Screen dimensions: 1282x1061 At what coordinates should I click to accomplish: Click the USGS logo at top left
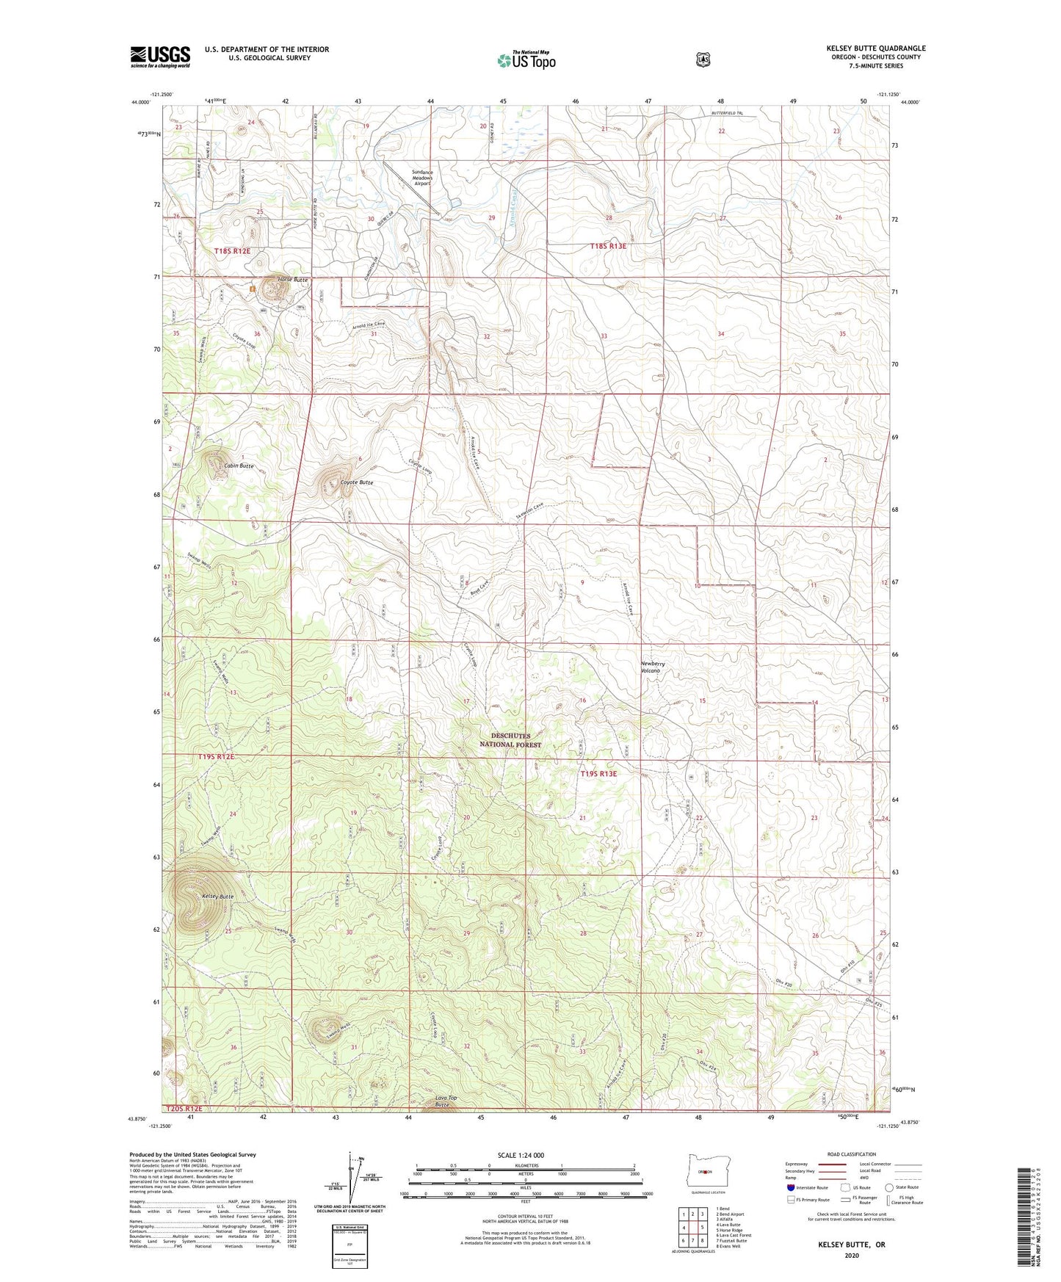pos(160,57)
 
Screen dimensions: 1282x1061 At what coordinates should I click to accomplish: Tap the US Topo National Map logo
pos(525,60)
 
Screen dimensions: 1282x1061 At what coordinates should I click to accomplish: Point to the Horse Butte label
pos(292,280)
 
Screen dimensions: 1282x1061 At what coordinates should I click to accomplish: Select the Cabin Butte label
pos(239,466)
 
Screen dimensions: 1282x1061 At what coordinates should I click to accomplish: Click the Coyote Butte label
pos(357,482)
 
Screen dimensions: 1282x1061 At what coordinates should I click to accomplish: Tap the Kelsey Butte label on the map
pos(217,897)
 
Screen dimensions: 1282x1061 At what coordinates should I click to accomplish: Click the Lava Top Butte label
pos(446,1101)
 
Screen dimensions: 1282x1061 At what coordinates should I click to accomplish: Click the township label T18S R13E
pos(609,247)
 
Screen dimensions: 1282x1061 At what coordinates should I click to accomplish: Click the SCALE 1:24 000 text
pos(521,1155)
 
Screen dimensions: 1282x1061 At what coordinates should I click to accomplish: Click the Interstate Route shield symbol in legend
pos(790,1187)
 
